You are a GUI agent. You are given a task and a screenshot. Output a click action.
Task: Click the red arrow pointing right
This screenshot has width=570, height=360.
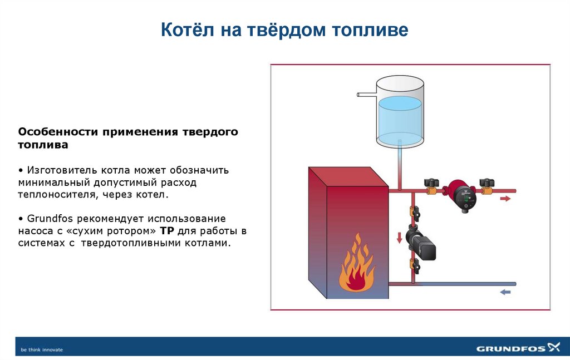(505, 198)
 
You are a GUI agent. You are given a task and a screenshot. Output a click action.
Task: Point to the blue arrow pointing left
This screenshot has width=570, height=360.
(505, 292)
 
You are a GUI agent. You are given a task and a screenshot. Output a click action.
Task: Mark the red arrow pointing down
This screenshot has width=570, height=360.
(399, 238)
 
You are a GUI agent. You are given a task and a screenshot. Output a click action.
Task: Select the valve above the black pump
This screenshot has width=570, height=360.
(415, 213)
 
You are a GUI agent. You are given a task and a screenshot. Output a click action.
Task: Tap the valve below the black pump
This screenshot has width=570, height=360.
(414, 264)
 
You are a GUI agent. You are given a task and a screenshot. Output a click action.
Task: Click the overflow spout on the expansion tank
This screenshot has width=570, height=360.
(366, 95)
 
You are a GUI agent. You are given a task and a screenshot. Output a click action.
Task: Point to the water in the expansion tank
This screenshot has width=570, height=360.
(400, 120)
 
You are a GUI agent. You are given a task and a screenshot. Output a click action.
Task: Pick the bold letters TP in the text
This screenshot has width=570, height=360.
(166, 231)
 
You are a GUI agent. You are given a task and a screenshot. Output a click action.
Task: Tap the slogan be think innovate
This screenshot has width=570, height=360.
(42, 349)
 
